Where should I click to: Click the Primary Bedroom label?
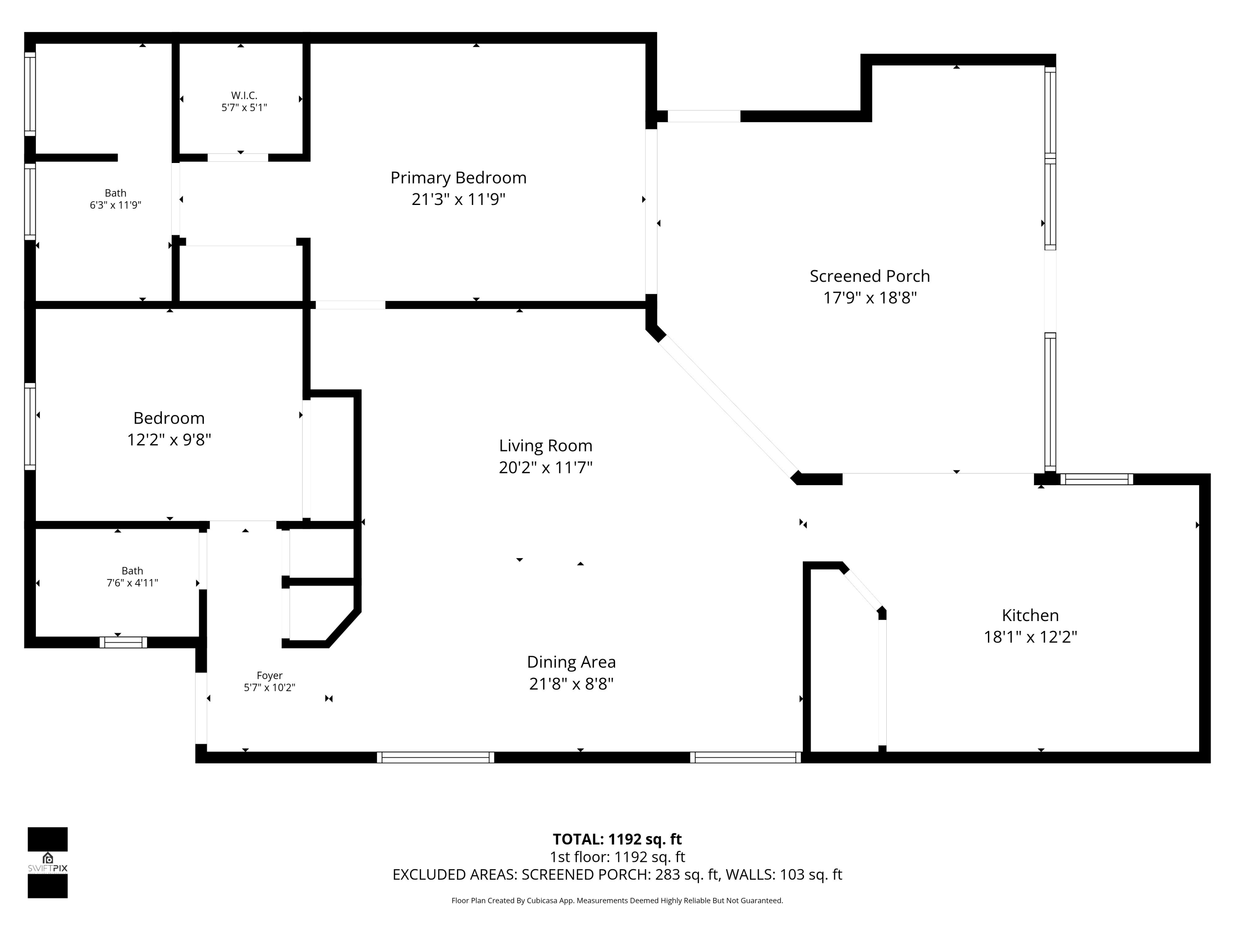point(458,177)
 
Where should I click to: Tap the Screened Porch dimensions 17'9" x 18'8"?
point(870,298)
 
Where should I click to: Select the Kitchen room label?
point(1030,615)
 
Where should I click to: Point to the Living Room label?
point(545,445)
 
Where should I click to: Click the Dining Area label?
point(571,662)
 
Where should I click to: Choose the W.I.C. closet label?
point(244,95)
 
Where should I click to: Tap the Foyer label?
point(270,675)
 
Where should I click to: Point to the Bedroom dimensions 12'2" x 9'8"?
point(169,440)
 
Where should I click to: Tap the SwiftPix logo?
point(47,862)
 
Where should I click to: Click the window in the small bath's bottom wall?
point(123,642)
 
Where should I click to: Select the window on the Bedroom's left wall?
point(30,426)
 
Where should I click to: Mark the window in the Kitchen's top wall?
point(1097,479)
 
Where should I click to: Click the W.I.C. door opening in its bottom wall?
point(238,157)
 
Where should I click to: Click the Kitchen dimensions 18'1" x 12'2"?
point(1030,637)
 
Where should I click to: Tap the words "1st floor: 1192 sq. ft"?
point(617,857)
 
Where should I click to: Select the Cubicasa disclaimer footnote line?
point(617,900)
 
